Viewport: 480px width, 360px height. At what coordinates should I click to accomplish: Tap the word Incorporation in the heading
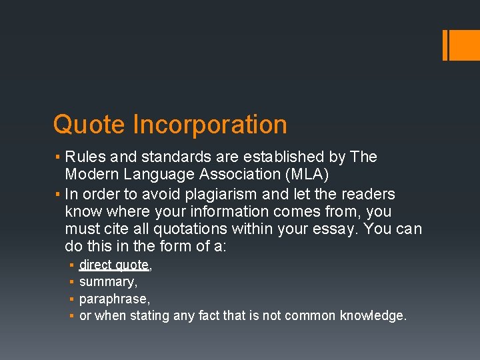[x=210, y=125]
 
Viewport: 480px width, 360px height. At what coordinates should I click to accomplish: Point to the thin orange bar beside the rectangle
[x=445, y=45]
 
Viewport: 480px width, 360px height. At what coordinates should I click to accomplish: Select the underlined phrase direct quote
[x=114, y=265]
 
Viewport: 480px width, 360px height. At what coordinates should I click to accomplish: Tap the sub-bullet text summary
[x=107, y=282]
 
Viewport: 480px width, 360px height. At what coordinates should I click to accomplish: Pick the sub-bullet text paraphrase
[x=113, y=299]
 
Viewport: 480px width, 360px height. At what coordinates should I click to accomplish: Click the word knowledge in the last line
[x=371, y=315]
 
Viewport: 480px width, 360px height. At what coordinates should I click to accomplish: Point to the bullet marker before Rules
[x=58, y=158]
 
